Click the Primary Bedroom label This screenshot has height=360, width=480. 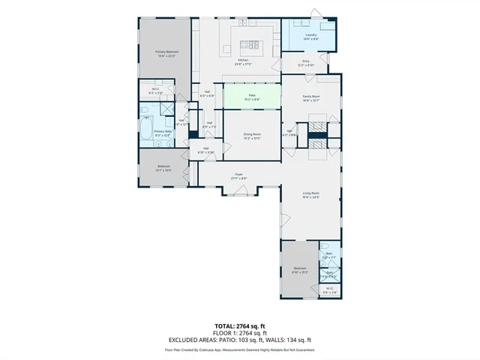tap(164, 53)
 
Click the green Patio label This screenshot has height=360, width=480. tap(253, 96)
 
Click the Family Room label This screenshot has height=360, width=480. tap(311, 97)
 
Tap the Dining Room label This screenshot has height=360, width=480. tap(251, 136)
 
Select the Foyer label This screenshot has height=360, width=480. tap(238, 176)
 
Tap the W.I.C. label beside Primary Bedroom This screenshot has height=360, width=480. tap(155, 91)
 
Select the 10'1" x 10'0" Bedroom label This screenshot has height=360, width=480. tap(163, 168)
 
